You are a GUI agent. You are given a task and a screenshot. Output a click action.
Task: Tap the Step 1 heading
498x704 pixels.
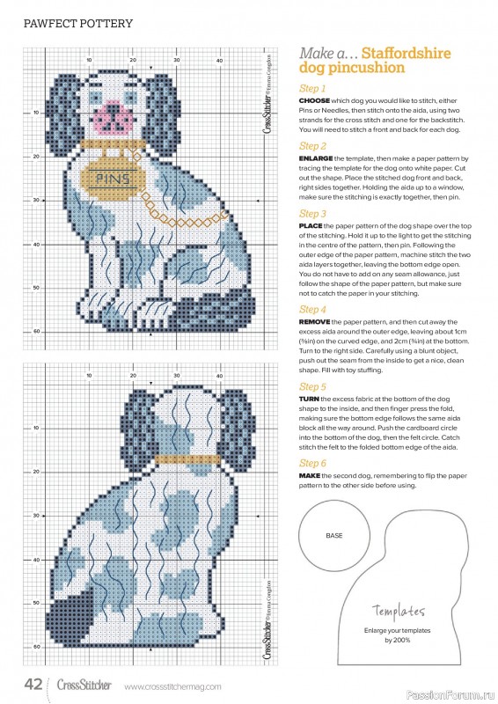click(312, 89)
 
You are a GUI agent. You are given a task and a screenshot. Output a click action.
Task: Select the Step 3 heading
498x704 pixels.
click(312, 214)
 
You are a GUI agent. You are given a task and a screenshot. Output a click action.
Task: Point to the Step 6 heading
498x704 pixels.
click(312, 463)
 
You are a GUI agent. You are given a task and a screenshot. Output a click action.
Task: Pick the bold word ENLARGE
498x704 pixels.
click(318, 158)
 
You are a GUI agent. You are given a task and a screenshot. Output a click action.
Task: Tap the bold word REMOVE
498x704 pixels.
click(317, 323)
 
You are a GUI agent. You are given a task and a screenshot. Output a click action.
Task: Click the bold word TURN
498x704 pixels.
click(310, 399)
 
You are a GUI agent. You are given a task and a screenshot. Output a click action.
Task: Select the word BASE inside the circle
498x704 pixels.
click(334, 535)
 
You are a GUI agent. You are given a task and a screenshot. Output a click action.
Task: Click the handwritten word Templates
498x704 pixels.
click(399, 611)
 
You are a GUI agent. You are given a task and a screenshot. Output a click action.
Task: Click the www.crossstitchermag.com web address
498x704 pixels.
click(172, 686)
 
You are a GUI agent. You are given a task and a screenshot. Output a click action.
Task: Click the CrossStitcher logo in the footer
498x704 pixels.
click(84, 685)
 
